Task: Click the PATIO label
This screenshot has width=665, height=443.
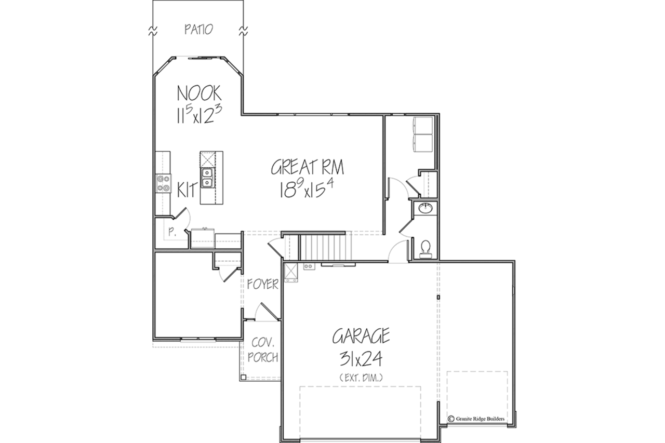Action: click(198, 30)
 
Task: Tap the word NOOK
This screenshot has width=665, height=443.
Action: click(199, 93)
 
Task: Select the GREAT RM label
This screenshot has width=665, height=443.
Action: click(307, 167)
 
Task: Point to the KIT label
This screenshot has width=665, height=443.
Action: click(188, 190)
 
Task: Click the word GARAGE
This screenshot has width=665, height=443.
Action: click(361, 336)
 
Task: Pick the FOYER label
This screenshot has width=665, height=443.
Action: click(263, 284)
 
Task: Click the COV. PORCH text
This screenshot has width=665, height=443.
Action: click(263, 350)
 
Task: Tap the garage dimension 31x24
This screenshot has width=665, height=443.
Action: click(361, 359)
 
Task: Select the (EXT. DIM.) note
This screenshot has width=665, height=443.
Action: click(361, 378)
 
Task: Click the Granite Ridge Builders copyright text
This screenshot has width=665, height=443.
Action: click(476, 419)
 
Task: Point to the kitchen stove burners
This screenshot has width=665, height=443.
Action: click(164, 183)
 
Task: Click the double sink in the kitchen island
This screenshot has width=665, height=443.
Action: click(207, 178)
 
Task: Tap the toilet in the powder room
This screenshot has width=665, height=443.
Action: click(425, 249)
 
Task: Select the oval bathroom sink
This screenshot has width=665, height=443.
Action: click(425, 208)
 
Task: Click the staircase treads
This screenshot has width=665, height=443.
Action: click(326, 247)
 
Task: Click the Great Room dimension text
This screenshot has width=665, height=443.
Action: click(307, 189)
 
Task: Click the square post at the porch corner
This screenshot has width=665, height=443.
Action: click(243, 378)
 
